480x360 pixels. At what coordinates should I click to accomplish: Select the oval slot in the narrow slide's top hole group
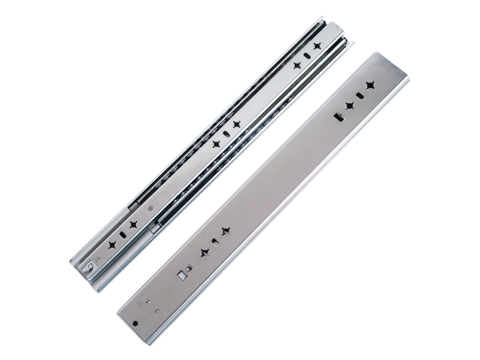[x=307, y=55]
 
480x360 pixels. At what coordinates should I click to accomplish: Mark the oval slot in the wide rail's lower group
[x=215, y=242]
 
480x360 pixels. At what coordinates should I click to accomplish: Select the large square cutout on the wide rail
[x=182, y=275]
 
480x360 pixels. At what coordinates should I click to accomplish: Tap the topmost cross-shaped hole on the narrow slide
[x=317, y=46]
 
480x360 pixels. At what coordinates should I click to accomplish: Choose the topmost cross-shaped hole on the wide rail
[x=370, y=85]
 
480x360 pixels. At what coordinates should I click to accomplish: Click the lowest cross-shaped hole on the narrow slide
[x=112, y=245]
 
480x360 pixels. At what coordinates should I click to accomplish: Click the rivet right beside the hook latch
[x=98, y=260]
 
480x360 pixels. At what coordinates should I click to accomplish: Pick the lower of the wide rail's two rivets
[x=156, y=310]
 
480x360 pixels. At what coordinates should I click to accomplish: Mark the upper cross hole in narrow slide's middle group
[x=236, y=124]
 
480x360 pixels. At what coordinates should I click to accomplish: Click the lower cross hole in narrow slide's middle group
[x=216, y=144]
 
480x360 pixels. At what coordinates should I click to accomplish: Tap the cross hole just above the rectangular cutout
[x=349, y=106]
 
